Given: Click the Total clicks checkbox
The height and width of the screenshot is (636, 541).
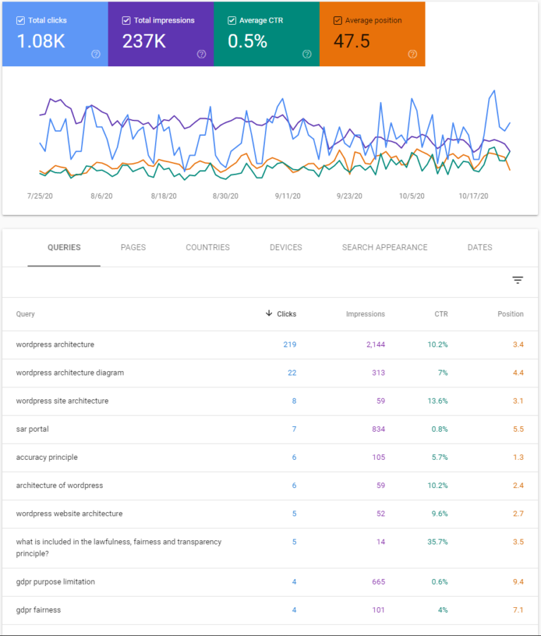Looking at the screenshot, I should pos(20,20).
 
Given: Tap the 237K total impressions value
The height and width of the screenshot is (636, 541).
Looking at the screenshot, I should pos(144,42).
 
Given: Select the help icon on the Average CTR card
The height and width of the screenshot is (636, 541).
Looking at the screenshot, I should pos(306,54).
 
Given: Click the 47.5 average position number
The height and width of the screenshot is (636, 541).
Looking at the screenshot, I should pos(352,42).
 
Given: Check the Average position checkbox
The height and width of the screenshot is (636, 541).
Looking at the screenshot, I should pos(337,20).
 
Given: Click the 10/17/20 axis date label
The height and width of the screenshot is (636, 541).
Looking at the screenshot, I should pos(473,196).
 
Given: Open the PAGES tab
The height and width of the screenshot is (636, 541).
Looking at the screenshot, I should pos(133,247).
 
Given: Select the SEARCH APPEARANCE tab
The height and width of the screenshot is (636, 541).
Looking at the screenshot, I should pos(385,247).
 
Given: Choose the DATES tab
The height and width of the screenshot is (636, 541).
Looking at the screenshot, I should pos(480,247).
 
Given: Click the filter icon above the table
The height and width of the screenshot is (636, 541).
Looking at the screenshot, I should pos(518,280).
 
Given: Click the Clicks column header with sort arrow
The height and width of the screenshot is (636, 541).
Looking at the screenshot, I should pos(281,314).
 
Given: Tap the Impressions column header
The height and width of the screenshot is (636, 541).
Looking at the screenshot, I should pos(366,314).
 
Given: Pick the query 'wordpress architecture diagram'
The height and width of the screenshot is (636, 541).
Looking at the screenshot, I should pos(70,373).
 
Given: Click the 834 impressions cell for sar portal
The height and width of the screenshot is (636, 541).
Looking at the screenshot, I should pos(378,429).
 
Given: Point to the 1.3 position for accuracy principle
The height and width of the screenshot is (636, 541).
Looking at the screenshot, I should pos(518,457).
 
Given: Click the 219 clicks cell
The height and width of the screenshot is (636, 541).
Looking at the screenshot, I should pos(290,344).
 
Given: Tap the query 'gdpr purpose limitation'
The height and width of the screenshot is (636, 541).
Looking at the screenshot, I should pos(56,582).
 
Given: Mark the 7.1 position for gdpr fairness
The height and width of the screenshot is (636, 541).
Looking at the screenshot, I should pos(518,610).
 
